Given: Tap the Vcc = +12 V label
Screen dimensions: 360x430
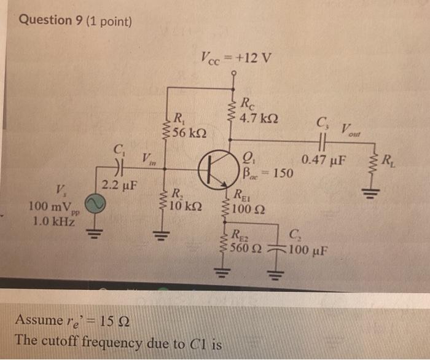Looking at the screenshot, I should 236,60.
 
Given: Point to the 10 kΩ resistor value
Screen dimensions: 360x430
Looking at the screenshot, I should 187,205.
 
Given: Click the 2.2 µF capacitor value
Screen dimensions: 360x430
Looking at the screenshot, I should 119,184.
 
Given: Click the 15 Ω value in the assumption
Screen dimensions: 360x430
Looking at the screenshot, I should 115,320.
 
